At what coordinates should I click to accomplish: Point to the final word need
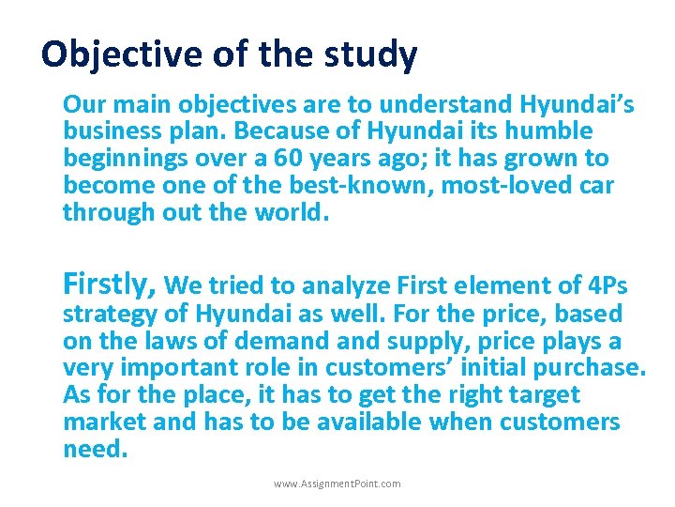(94, 449)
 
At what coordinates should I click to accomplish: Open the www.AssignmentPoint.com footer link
(337, 484)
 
